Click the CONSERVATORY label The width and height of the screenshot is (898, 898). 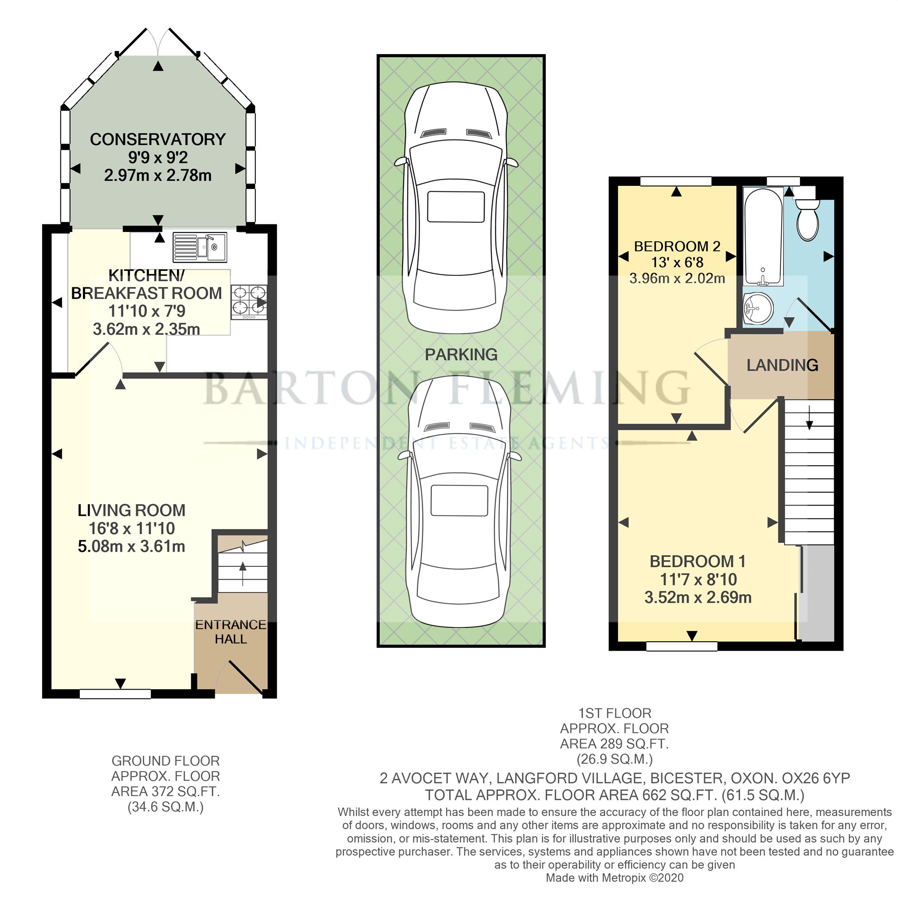pos(157,139)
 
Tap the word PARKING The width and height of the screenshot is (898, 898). pos(461,355)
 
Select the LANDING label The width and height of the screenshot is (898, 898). pos(782,365)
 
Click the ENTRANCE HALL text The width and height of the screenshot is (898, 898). pos(231,631)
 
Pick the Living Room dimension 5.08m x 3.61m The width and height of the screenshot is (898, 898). pos(132,546)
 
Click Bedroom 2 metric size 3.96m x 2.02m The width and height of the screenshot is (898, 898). pos(677,278)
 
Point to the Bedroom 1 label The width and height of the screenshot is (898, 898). pos(697,561)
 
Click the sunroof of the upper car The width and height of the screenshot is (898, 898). pos(455,207)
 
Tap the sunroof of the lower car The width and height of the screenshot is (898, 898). pos(459,501)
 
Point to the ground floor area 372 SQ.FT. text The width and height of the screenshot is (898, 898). pos(165,791)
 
